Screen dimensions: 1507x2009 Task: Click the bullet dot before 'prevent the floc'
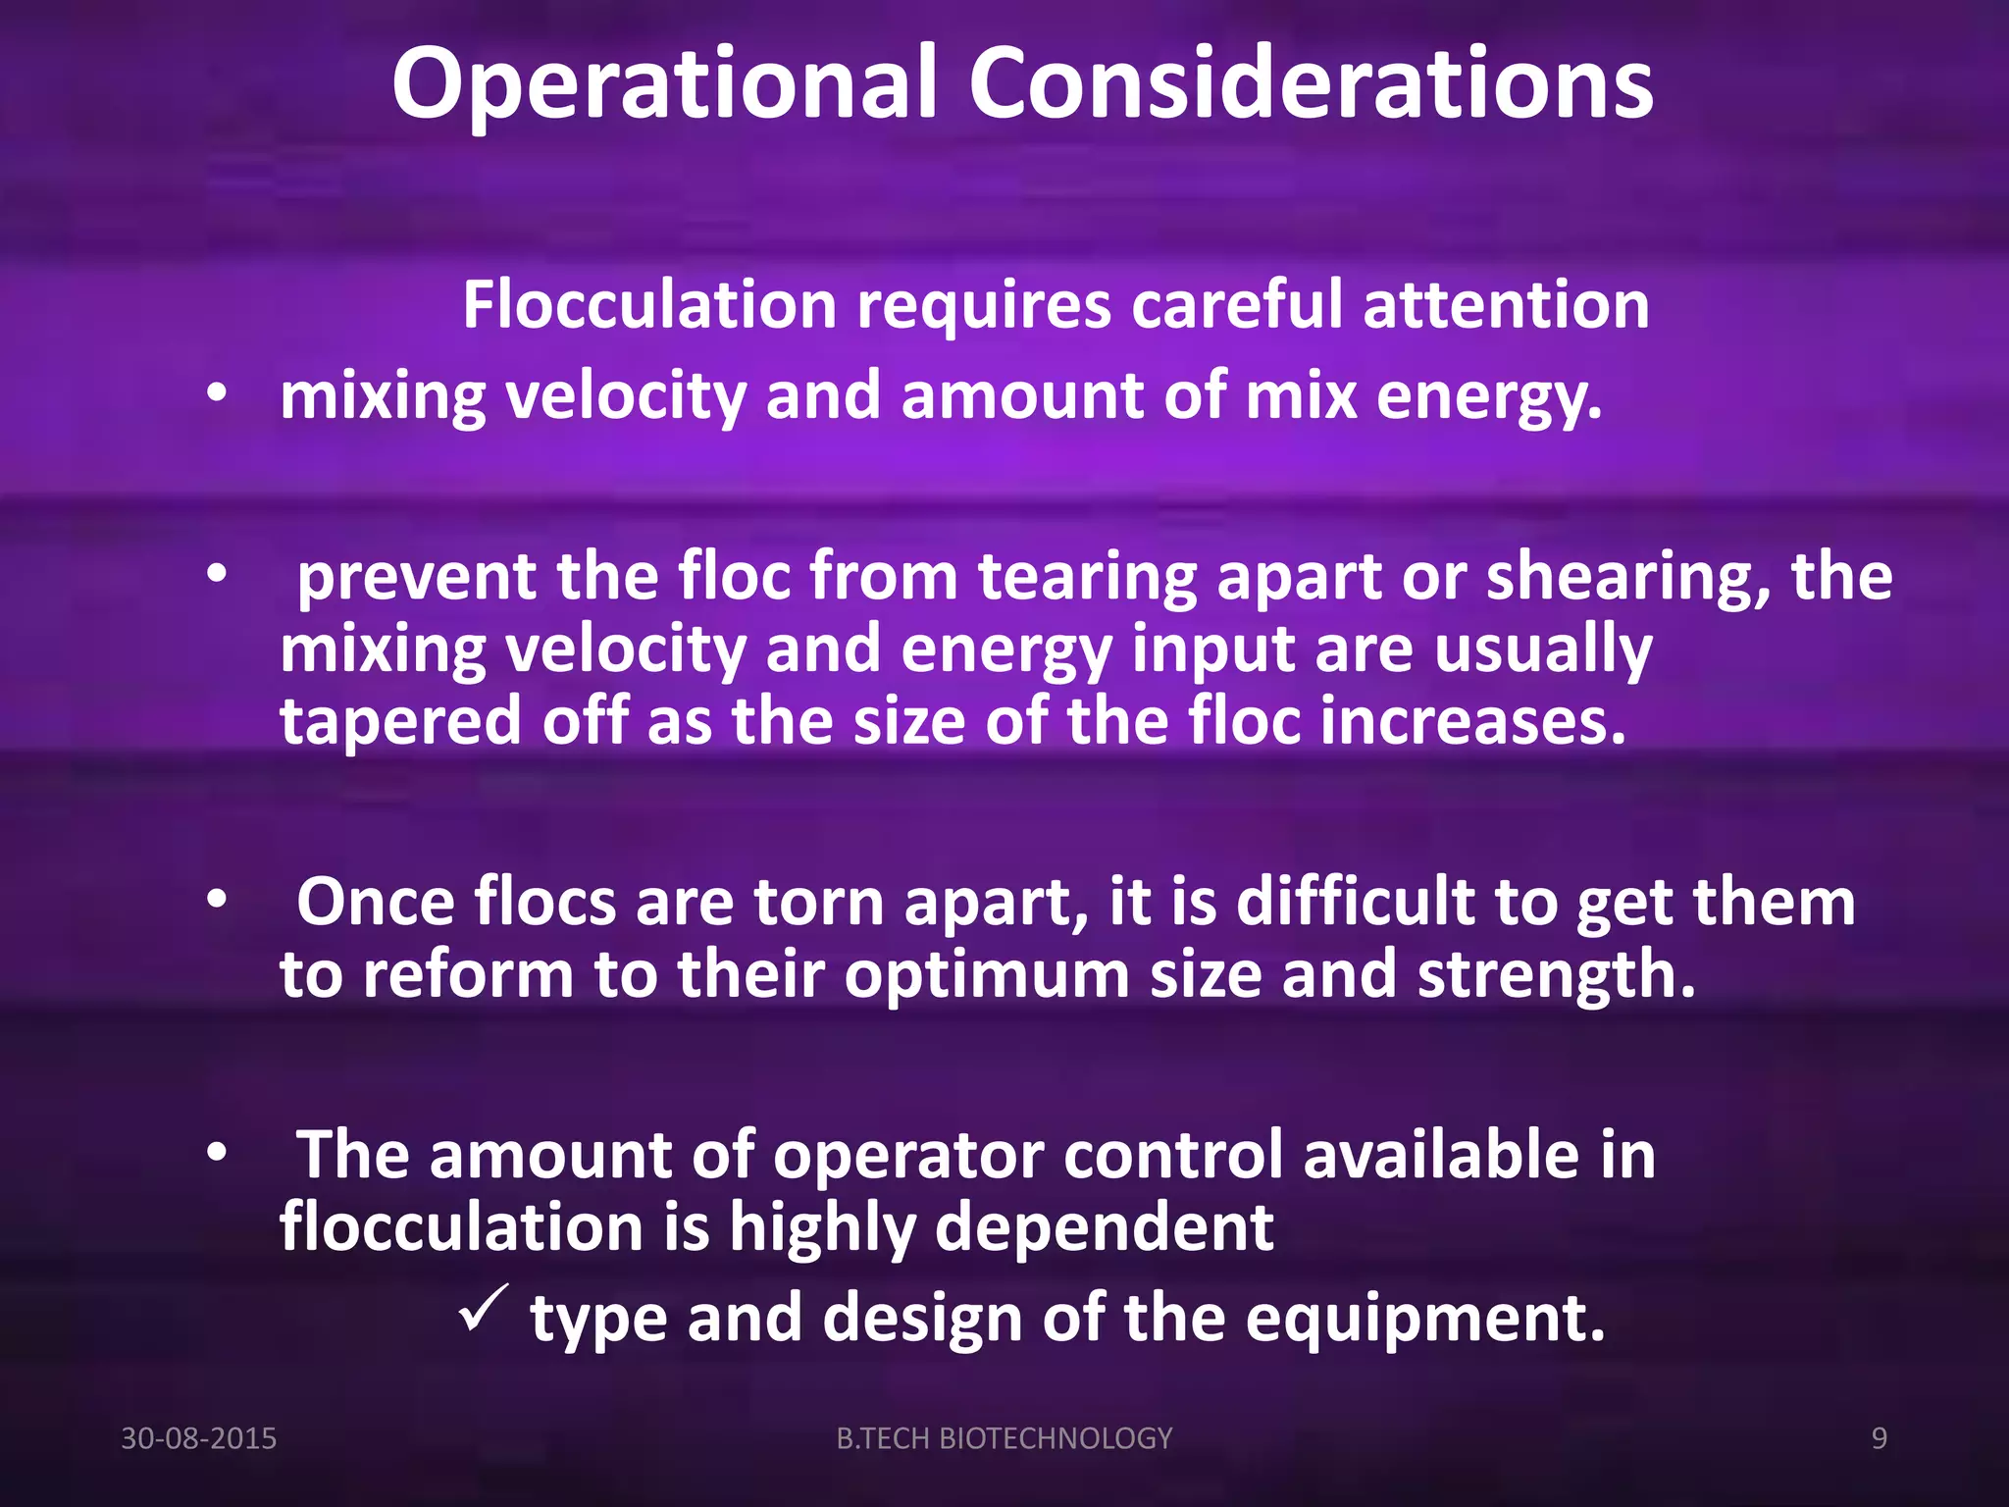point(217,574)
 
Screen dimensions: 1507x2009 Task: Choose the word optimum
point(987,976)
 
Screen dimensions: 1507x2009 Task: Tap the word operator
point(907,1155)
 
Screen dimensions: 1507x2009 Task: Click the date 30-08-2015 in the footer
point(198,1438)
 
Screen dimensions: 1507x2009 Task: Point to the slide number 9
point(1880,1438)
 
